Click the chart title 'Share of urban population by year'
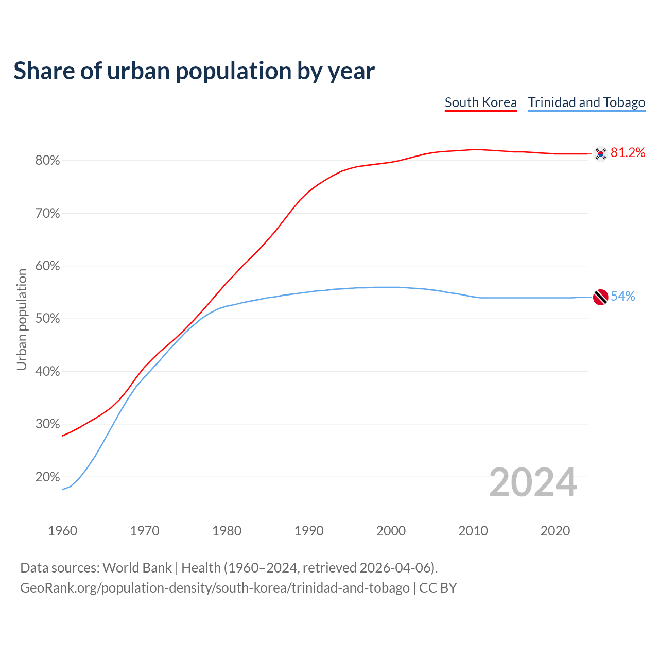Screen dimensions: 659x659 (194, 71)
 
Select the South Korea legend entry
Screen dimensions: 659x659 (480, 102)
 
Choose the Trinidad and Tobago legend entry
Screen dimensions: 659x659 (586, 102)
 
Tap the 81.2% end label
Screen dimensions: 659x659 (628, 152)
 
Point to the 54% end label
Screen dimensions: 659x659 (623, 296)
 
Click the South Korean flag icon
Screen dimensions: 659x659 (600, 153)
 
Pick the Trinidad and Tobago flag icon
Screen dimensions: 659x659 (600, 297)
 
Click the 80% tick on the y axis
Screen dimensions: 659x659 (48, 161)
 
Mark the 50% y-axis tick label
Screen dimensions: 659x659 (48, 319)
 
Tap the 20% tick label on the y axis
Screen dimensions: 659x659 (48, 477)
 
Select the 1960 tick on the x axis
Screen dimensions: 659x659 (62, 531)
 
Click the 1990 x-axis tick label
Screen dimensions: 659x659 (309, 531)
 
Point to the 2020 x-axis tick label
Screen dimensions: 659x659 (555, 531)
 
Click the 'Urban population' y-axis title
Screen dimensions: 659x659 (22, 319)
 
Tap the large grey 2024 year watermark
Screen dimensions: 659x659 (533, 482)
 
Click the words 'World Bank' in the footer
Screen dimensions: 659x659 (137, 568)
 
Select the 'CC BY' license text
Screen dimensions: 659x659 (438, 588)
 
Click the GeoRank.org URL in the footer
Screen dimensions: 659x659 (215, 588)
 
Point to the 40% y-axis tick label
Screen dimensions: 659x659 (48, 371)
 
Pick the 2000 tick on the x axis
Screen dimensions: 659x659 (391, 531)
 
